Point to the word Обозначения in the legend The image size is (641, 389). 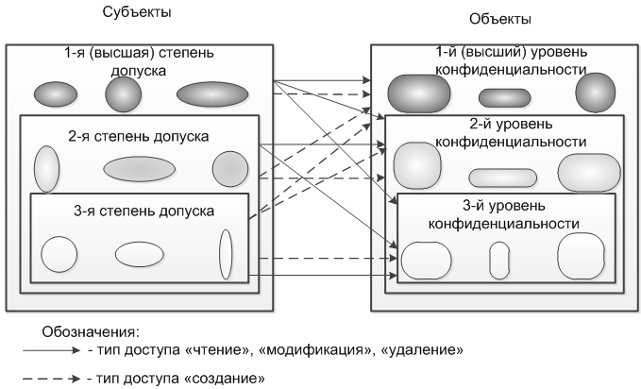point(91,332)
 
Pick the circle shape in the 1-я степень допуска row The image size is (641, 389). point(122,93)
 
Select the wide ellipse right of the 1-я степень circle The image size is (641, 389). point(211,94)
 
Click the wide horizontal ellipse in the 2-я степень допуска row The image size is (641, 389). point(139,168)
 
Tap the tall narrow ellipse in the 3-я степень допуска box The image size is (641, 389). point(226,253)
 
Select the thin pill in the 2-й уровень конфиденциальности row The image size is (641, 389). point(502,177)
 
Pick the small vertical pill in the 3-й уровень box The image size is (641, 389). point(499,259)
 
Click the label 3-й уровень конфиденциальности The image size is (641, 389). point(504,214)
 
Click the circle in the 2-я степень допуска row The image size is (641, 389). point(229,168)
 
